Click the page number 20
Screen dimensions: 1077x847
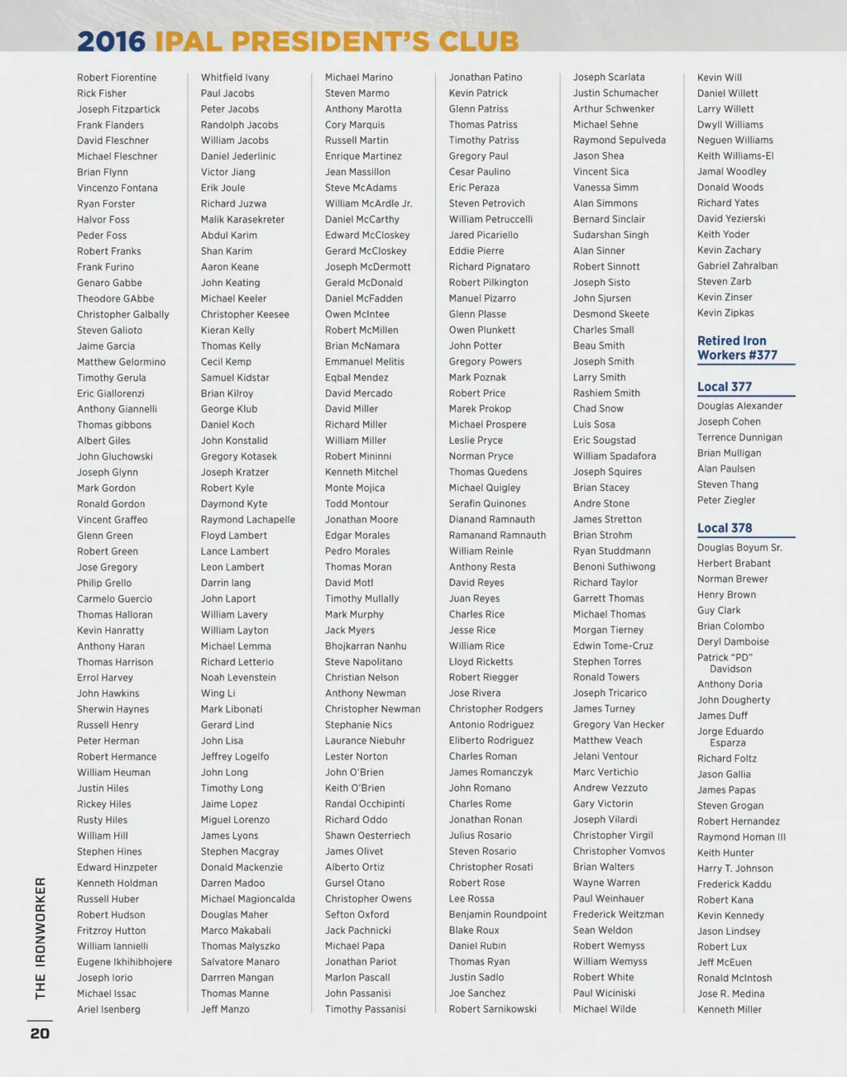(40, 1033)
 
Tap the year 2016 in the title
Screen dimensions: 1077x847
(111, 41)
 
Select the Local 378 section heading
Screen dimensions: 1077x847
(725, 528)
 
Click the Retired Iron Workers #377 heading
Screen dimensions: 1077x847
(737, 348)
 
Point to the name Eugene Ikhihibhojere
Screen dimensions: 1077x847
(125, 962)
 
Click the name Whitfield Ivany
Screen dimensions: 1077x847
(235, 78)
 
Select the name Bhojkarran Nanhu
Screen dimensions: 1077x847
(366, 646)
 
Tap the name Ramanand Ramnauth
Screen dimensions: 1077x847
(497, 536)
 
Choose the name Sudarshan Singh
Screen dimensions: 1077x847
(611, 235)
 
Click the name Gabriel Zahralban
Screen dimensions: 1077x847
(737, 266)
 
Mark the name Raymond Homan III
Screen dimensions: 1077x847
(741, 837)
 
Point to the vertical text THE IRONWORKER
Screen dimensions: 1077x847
(40, 938)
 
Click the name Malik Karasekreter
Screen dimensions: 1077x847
(242, 220)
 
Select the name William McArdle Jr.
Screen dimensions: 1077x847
(368, 203)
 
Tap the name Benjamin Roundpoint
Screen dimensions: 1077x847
(498, 915)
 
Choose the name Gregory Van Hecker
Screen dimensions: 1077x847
(619, 725)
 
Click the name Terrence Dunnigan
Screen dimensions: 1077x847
(739, 437)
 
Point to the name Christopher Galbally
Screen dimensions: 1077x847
(123, 315)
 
